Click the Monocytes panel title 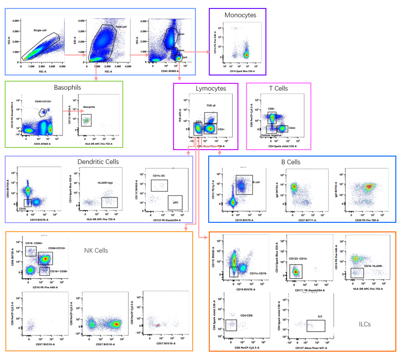click(240, 15)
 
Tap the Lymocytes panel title click(211, 89)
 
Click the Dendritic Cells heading click(98, 162)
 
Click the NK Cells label click(96, 250)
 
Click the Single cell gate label click(40, 30)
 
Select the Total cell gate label click(121, 27)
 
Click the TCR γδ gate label click(211, 106)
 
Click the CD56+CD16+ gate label click(57, 248)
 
